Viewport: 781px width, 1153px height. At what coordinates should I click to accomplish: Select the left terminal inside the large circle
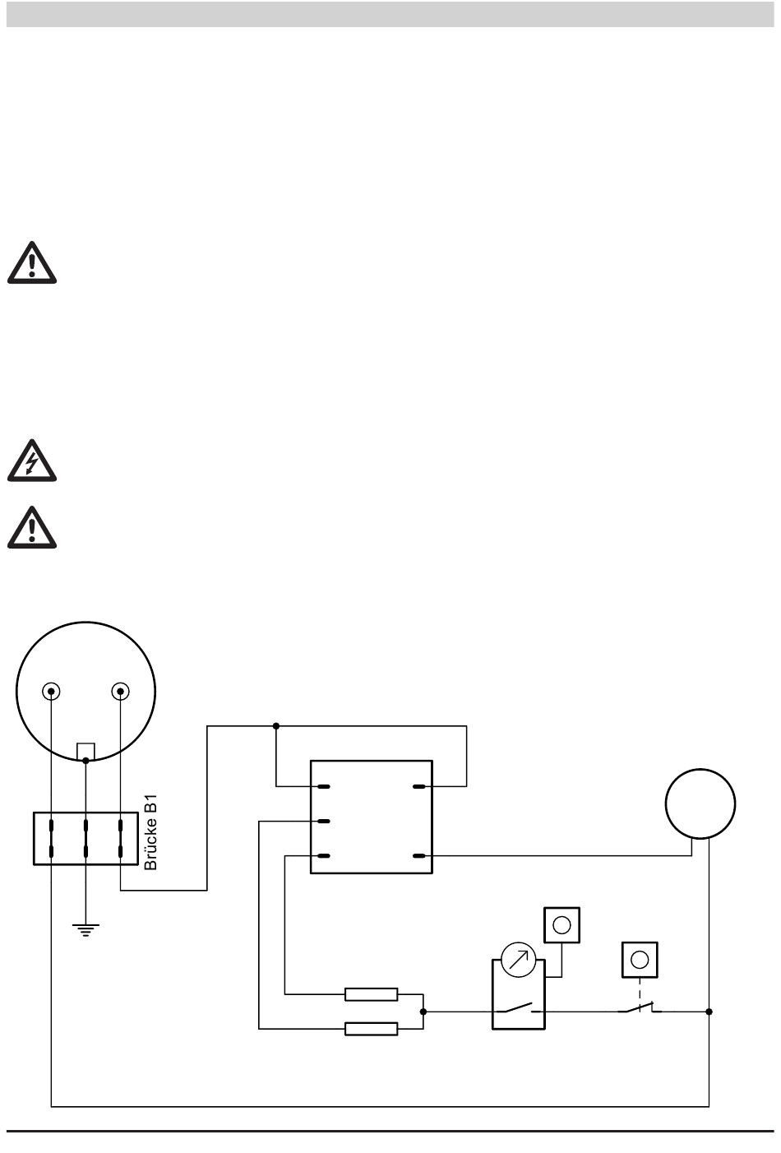[52, 691]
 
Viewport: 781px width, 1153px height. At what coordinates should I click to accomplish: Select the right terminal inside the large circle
[121, 691]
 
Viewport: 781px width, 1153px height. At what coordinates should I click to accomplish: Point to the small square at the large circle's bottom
[85, 752]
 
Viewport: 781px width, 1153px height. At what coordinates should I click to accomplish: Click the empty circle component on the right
[700, 803]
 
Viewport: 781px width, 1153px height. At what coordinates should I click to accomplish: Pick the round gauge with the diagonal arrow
[519, 961]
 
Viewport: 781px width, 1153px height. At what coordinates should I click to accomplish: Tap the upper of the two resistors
[372, 994]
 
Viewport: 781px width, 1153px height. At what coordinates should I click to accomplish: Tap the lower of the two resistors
[372, 1028]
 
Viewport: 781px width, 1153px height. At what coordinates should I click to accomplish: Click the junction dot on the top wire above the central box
[276, 726]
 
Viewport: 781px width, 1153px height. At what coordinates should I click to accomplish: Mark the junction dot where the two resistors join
[423, 1012]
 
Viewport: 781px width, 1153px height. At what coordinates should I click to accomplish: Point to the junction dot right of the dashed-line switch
[709, 1012]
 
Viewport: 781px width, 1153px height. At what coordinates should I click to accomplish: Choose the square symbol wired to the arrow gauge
[562, 924]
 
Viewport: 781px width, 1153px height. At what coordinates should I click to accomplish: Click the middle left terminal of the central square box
[323, 822]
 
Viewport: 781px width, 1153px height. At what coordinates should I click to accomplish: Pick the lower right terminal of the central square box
[419, 856]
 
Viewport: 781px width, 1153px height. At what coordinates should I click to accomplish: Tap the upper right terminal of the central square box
[419, 787]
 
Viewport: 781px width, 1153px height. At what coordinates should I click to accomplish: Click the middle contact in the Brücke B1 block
[85, 838]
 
